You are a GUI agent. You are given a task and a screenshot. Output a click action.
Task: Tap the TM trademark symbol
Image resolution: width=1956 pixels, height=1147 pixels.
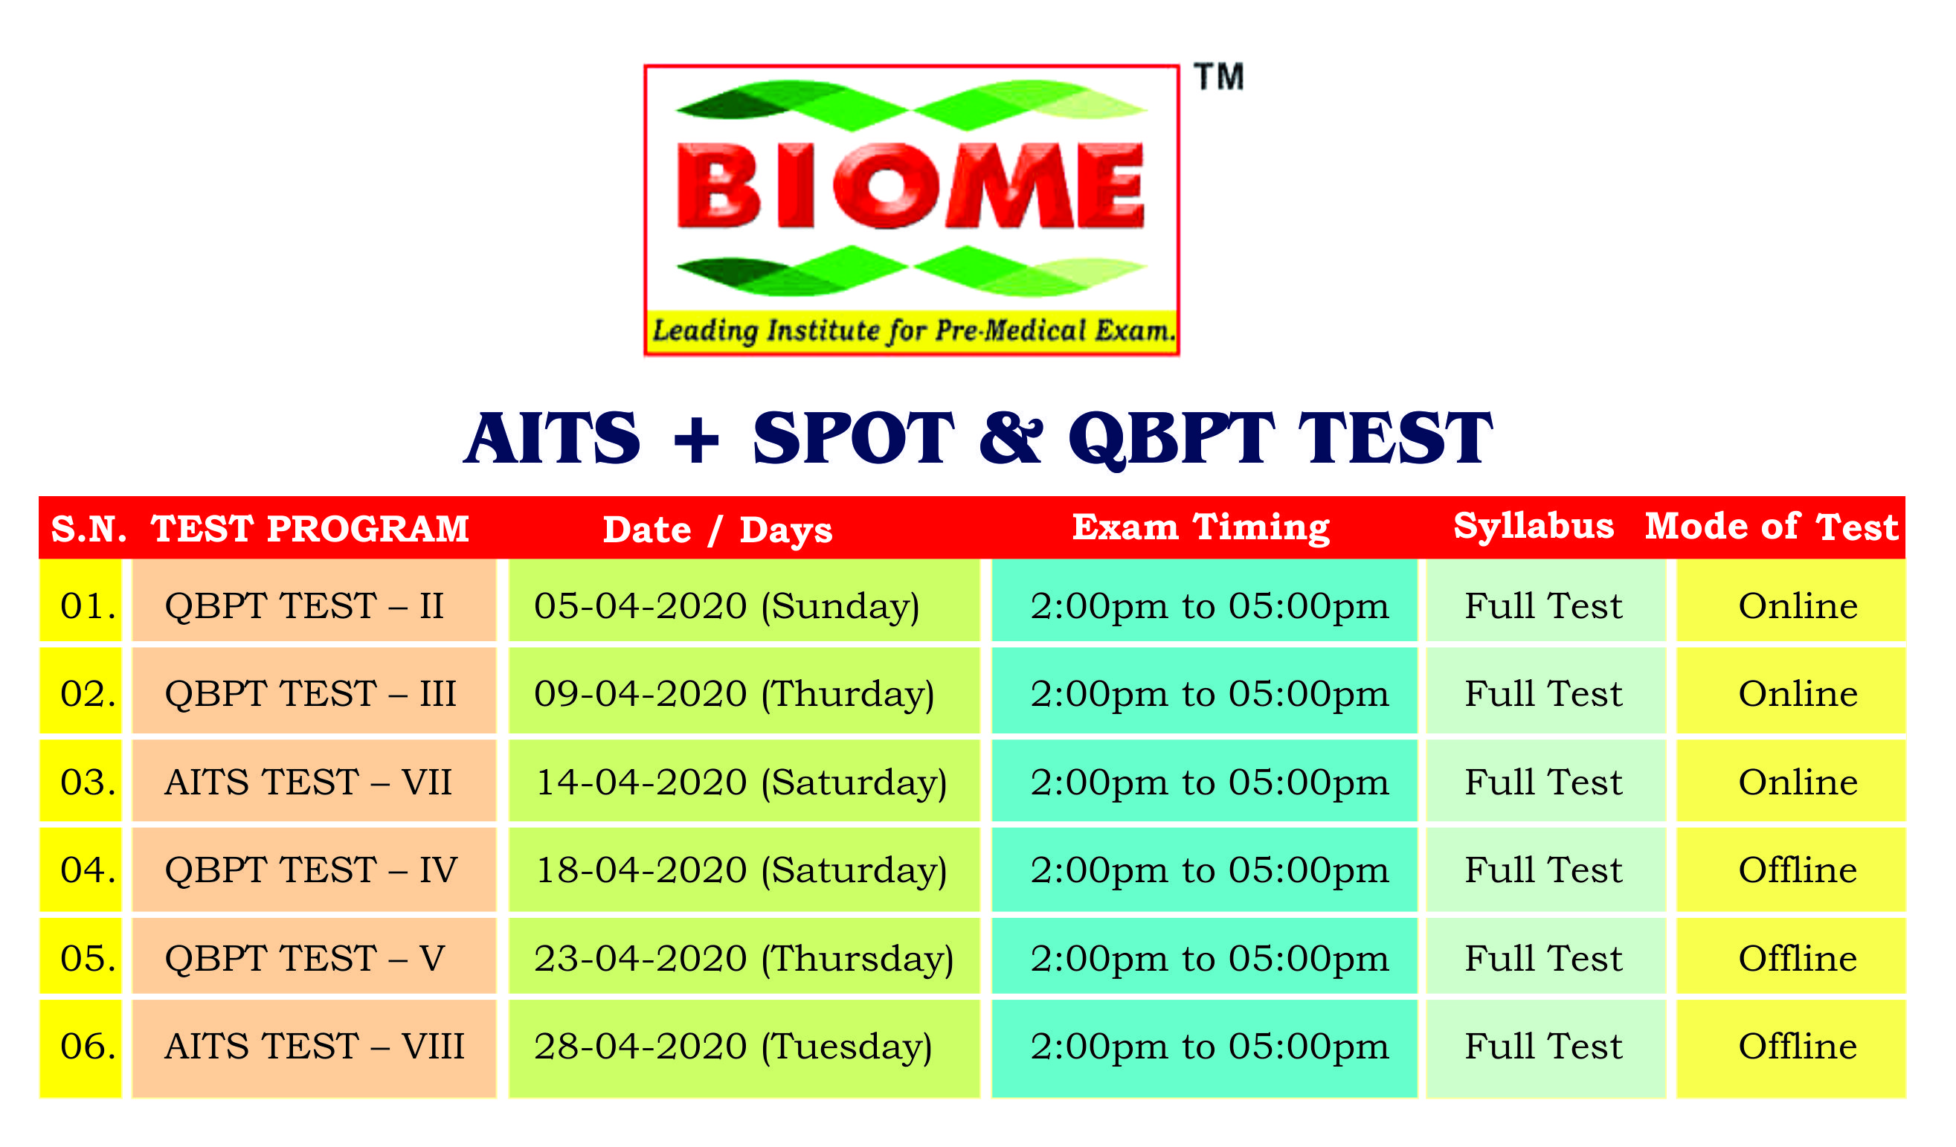click(x=1220, y=77)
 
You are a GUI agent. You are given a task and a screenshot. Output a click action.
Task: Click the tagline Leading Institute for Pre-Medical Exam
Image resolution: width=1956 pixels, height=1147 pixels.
click(x=913, y=331)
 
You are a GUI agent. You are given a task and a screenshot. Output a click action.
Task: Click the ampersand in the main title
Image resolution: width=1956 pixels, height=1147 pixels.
click(x=1011, y=437)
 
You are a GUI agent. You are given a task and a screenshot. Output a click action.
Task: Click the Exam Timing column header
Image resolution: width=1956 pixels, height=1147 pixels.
click(x=1202, y=528)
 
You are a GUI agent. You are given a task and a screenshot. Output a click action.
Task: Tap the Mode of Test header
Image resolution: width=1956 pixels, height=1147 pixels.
click(x=1772, y=527)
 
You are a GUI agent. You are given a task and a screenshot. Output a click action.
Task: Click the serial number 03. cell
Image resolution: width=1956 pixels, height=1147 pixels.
click(x=81, y=783)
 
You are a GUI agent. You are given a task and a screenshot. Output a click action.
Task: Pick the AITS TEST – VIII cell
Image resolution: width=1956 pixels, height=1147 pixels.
click(x=314, y=1047)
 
